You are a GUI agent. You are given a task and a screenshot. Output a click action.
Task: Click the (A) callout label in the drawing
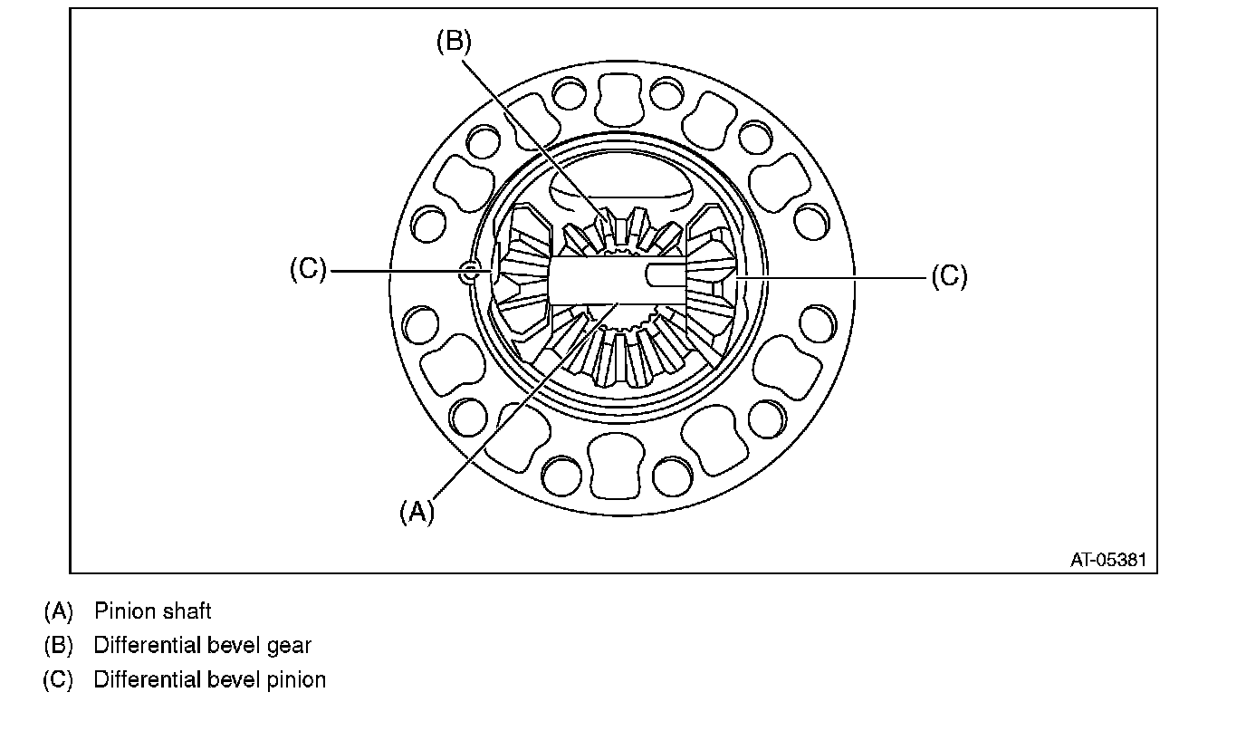pos(417,512)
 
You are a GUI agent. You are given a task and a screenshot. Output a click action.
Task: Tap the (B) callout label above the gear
pos(454,42)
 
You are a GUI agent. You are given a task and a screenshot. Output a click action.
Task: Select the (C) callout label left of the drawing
pos(308,270)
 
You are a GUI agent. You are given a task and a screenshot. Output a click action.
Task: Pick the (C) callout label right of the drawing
pos(949,275)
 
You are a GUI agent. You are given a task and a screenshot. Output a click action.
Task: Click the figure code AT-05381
pos(1107,560)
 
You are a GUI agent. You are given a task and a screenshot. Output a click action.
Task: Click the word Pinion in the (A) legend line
pos(124,611)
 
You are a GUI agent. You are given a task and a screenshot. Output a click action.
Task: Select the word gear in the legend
pos(289,646)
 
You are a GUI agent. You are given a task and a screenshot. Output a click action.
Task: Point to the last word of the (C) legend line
pos(297,679)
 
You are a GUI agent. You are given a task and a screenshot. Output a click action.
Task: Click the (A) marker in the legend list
pos(58,611)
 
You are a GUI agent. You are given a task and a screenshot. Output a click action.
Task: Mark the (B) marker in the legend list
pos(58,646)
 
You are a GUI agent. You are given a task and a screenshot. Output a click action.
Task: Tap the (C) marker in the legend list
pos(58,679)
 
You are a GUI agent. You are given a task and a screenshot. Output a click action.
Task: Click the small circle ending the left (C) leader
pos(468,271)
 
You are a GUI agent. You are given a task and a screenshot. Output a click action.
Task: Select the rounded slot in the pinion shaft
pos(665,274)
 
